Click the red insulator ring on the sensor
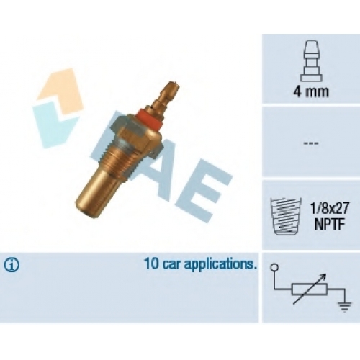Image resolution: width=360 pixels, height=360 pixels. (x=150, y=118)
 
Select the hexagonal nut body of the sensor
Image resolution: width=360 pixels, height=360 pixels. (x=135, y=135)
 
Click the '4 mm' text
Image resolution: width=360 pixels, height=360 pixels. (x=311, y=91)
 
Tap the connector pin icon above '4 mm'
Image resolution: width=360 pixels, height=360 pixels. (x=310, y=60)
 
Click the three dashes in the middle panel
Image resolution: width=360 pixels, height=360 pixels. (x=311, y=143)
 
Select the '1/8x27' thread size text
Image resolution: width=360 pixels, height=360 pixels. (x=329, y=208)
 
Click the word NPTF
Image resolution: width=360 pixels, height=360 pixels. (x=330, y=224)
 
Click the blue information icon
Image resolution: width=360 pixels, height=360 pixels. (x=12, y=264)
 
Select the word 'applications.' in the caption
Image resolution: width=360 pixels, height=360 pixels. (x=220, y=265)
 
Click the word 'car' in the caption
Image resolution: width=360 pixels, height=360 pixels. (x=172, y=265)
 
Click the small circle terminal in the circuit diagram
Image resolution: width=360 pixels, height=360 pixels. (x=274, y=267)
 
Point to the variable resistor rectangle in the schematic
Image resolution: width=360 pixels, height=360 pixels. (x=310, y=289)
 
